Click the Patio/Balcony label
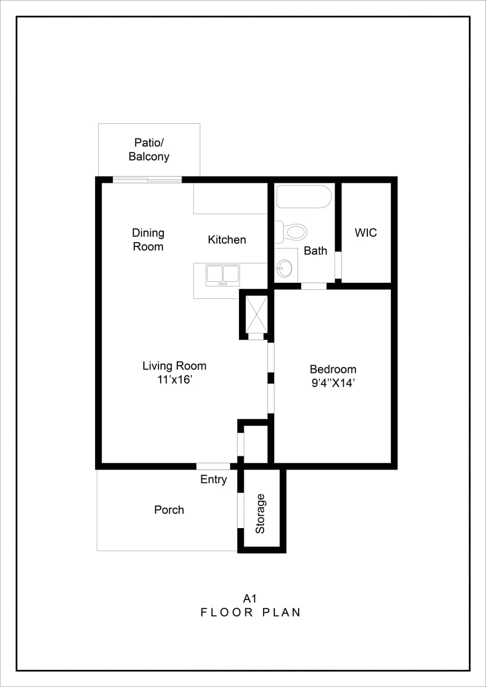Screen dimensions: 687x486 [x=149, y=150]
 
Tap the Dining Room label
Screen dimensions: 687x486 [x=148, y=240]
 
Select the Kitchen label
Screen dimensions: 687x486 [x=227, y=240]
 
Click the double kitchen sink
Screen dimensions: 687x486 [x=223, y=274]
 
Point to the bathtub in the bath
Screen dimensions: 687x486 [x=304, y=196]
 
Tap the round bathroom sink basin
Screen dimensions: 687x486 [x=285, y=267]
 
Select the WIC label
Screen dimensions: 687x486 [x=366, y=233]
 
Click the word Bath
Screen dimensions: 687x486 [x=315, y=251]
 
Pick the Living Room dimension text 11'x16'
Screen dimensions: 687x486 [x=174, y=380]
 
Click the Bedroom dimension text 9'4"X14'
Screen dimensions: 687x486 [x=333, y=384]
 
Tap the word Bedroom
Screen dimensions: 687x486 [x=333, y=369]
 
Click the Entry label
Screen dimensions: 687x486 [x=214, y=480]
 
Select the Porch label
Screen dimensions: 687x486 [x=169, y=510]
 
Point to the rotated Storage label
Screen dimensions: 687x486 [x=260, y=514]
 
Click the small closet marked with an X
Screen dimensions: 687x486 [x=256, y=314]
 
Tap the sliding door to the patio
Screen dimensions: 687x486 [x=147, y=180]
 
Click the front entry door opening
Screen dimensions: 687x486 [x=213, y=466]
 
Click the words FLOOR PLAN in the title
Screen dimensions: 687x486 [x=251, y=612]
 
